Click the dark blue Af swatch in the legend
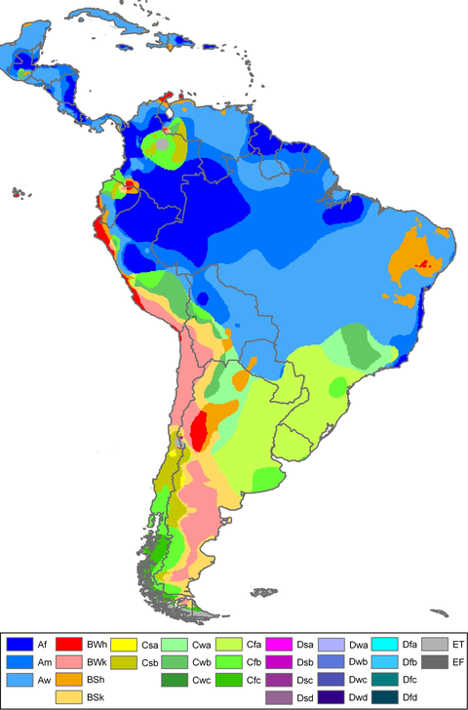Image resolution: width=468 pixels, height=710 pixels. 19,644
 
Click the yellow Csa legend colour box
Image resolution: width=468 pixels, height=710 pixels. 123,644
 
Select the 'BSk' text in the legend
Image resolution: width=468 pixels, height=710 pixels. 97,697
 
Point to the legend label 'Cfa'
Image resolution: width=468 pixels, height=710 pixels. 253,644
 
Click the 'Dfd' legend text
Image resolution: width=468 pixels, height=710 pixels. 411,697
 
